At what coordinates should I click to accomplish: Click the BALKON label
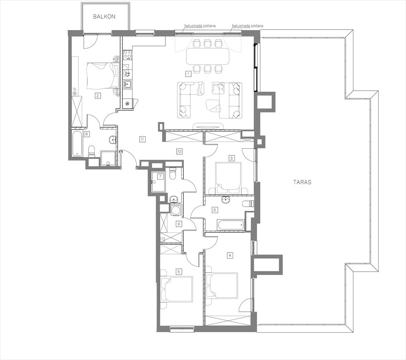coord(104,16)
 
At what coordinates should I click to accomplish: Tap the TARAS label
coord(302,182)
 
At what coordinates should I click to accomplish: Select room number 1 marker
coord(188,74)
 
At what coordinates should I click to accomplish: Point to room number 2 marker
coord(98,96)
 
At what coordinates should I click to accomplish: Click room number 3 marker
coord(232,158)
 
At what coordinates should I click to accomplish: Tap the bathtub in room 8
coord(77,144)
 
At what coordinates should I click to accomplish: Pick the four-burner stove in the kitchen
coord(127,54)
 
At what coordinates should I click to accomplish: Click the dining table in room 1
coord(208,56)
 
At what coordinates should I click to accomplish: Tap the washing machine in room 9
coord(176,210)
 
